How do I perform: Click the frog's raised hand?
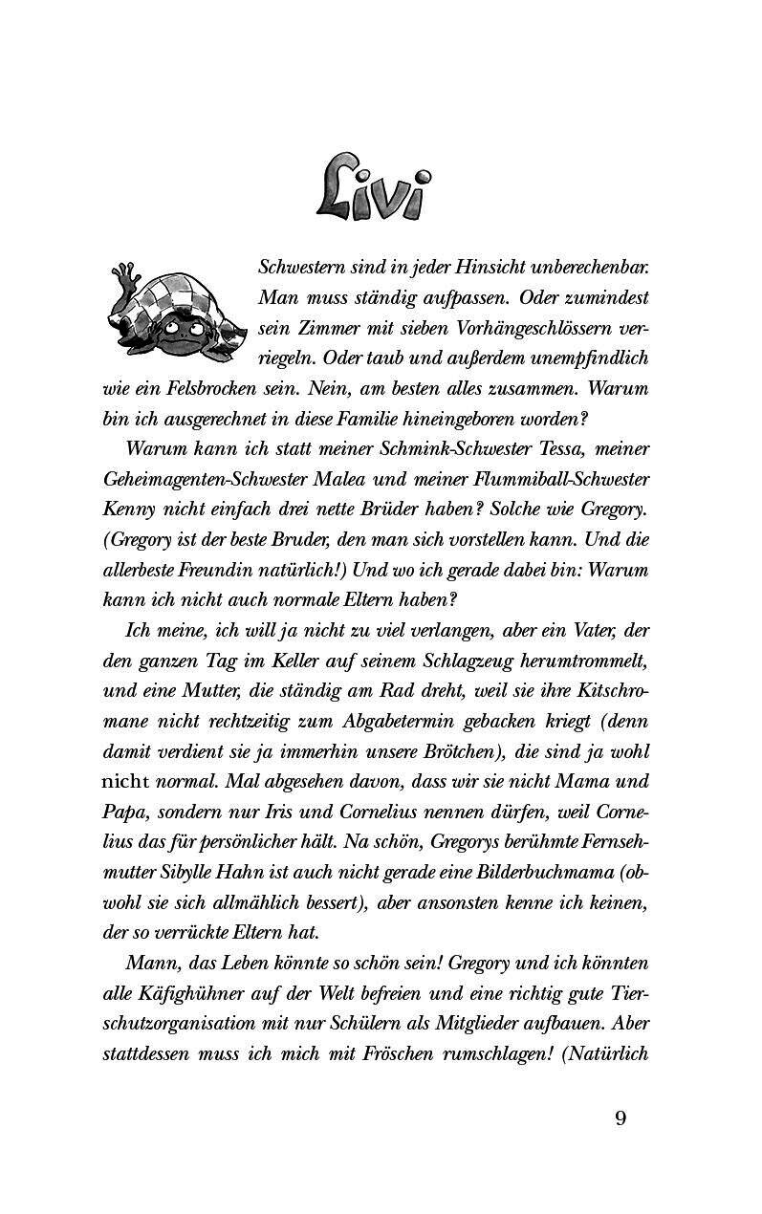[x=121, y=277]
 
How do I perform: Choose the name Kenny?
[x=127, y=509]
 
